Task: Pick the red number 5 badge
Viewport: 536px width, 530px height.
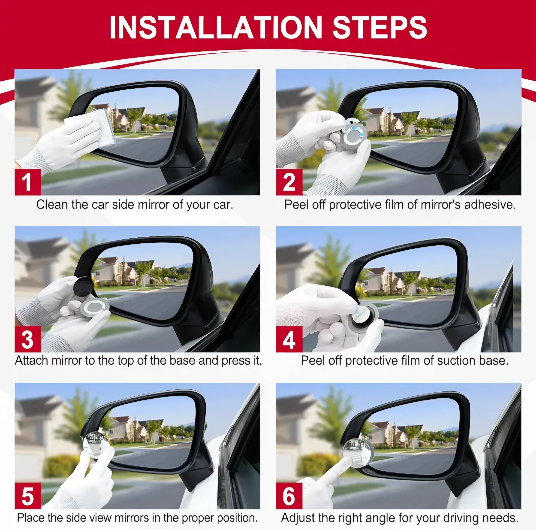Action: [28, 496]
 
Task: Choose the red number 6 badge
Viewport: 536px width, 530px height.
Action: [289, 496]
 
